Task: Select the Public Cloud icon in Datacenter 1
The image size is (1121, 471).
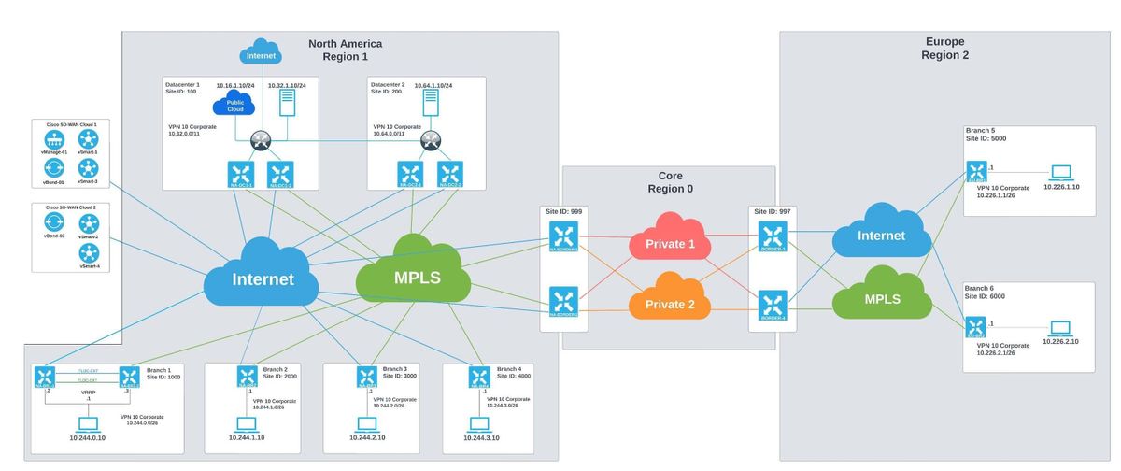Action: click(x=234, y=105)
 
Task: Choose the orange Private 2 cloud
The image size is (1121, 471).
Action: click(x=669, y=304)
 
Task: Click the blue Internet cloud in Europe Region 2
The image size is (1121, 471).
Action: click(x=882, y=235)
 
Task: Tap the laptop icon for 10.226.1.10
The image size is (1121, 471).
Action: click(x=1061, y=172)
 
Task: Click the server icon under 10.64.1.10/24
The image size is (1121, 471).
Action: click(x=431, y=102)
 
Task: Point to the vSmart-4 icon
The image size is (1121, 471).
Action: click(x=89, y=252)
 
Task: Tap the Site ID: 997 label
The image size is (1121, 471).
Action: click(x=773, y=212)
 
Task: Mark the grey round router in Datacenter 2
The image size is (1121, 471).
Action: click(x=431, y=141)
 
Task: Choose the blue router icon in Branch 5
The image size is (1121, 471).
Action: click(x=976, y=172)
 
